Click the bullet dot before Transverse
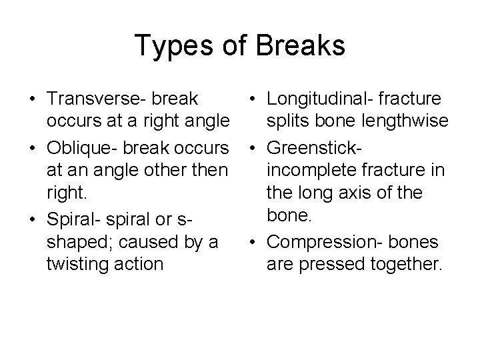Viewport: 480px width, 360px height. click(x=31, y=99)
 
